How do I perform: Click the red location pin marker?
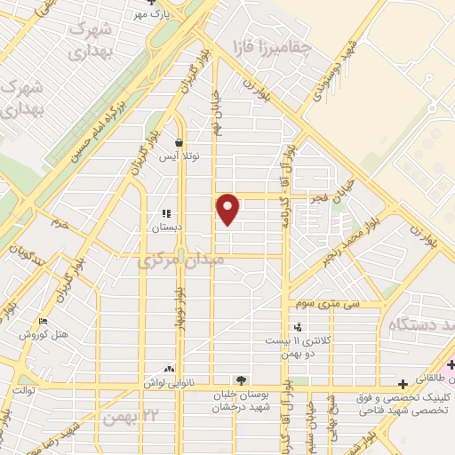click(x=229, y=209)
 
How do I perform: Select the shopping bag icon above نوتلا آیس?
click(x=180, y=142)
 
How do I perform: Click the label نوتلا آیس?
click(x=180, y=156)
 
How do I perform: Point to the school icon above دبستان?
click(x=165, y=213)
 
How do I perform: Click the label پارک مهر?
click(x=151, y=15)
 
